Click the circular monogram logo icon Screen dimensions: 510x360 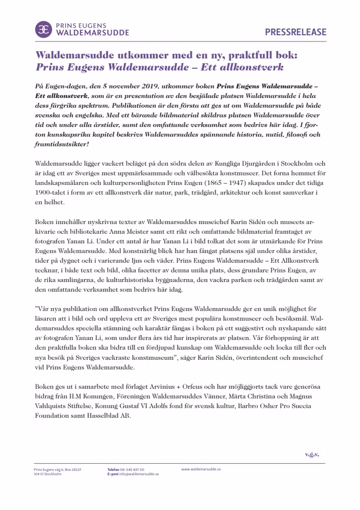pos(44,29)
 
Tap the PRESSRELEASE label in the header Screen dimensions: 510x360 pos(295,32)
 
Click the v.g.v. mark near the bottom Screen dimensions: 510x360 pos(312,454)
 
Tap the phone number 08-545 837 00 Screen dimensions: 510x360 pos(132,469)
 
